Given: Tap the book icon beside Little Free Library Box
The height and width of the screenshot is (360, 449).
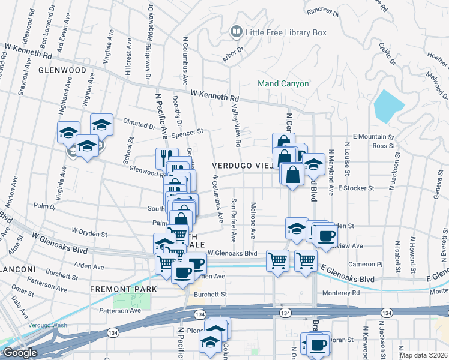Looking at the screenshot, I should [237, 32].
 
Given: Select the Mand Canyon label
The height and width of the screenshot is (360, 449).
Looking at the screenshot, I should [283, 84].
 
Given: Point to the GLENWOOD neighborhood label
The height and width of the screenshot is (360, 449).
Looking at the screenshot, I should [62, 70].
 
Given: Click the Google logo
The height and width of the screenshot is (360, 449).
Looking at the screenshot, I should [19, 353].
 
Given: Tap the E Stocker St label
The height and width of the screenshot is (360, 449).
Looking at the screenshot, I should [356, 188].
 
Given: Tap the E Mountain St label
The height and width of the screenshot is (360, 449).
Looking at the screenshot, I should [373, 137].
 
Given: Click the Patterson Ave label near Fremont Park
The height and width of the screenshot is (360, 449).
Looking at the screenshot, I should [119, 310].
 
